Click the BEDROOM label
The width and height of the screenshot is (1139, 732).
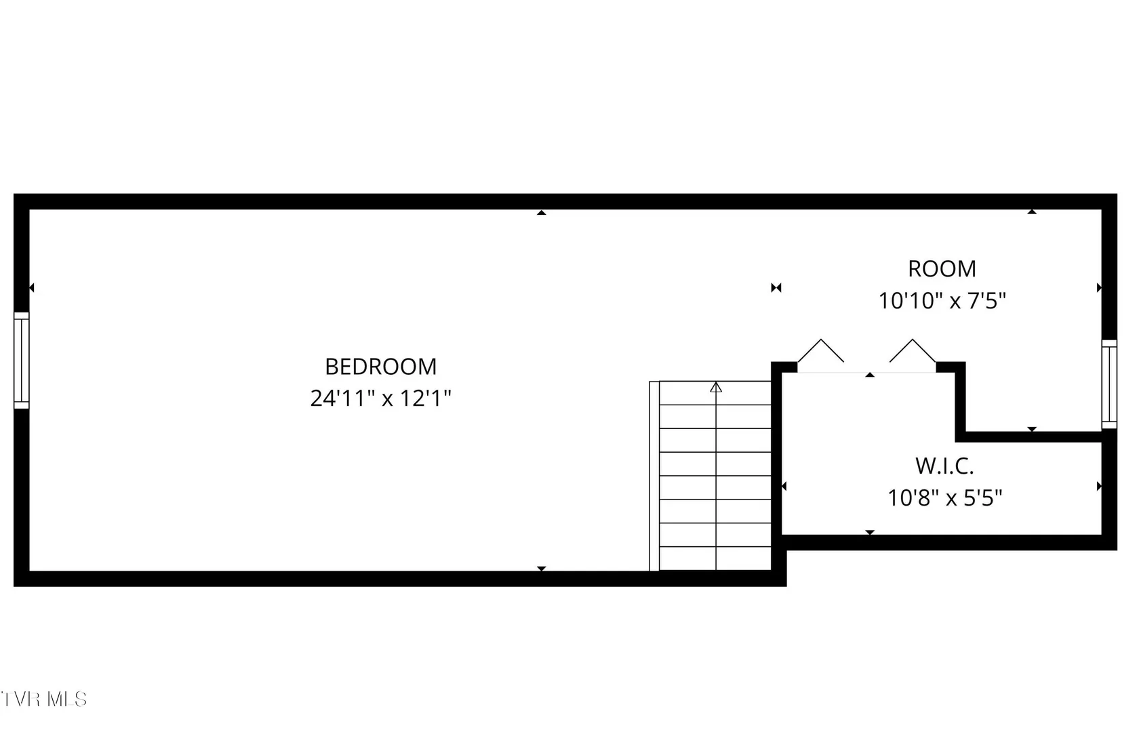tap(381, 367)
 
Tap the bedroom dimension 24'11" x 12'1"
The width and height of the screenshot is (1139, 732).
tap(381, 398)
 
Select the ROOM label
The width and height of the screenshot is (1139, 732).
tap(942, 269)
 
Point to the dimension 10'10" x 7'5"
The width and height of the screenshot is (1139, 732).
tap(942, 300)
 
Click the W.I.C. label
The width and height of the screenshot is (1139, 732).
tap(945, 466)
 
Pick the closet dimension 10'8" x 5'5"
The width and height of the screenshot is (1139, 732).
tap(945, 497)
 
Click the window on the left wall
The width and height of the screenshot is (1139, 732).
tap(22, 361)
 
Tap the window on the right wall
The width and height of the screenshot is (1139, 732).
tap(1109, 384)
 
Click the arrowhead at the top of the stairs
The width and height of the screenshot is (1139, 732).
tap(716, 388)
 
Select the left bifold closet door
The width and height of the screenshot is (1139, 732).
tap(820, 350)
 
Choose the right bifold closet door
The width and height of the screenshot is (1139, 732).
tap(913, 350)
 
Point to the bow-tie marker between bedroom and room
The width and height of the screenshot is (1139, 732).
tap(776, 287)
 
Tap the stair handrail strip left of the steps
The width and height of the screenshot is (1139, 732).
tap(654, 476)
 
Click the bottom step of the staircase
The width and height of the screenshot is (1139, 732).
tap(715, 558)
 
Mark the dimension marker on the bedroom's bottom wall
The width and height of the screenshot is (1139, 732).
tap(542, 568)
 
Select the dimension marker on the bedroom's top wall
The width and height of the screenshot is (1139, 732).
tap(542, 213)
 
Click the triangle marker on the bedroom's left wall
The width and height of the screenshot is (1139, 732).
tap(31, 287)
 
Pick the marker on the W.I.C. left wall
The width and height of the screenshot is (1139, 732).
tap(784, 487)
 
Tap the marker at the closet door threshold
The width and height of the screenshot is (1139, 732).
tap(870, 375)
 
